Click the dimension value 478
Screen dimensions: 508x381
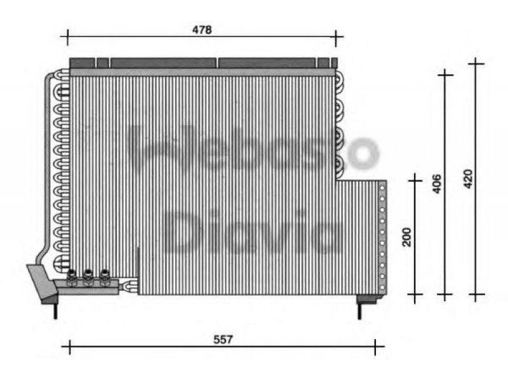pyautogui.click(x=202, y=30)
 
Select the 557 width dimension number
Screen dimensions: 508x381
pyautogui.click(x=224, y=339)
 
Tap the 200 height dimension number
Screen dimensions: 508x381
pyautogui.click(x=406, y=237)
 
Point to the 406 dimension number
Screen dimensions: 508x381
pyautogui.click(x=437, y=184)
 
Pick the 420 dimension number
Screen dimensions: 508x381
pyautogui.click(x=468, y=179)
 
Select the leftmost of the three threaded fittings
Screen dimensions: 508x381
pyautogui.click(x=71, y=277)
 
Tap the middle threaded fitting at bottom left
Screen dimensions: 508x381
pyautogui.click(x=88, y=277)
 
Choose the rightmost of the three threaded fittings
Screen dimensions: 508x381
pyautogui.click(x=104, y=277)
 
